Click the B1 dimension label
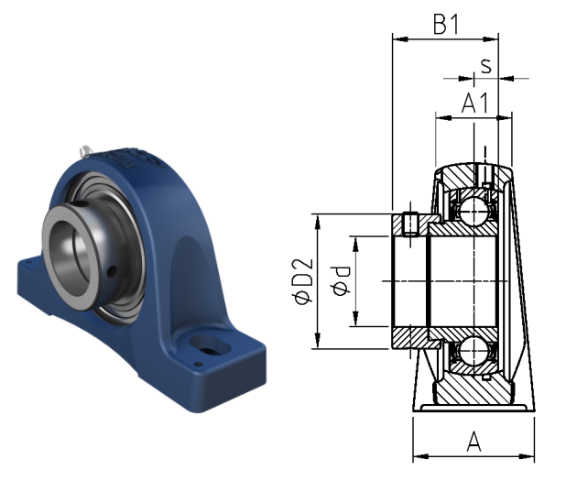click(446, 25)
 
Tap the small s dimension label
click(486, 66)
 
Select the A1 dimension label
click(475, 103)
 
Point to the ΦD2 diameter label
click(303, 281)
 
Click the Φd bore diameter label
click(341, 281)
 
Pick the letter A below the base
click(473, 442)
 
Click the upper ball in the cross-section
click(473, 211)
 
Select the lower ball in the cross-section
click(473, 350)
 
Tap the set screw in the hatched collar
click(410, 224)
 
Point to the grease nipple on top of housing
click(86, 150)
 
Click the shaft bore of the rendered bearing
click(70, 258)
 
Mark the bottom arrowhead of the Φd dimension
click(356, 319)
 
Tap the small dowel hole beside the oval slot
click(197, 365)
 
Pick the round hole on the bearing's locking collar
click(113, 270)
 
